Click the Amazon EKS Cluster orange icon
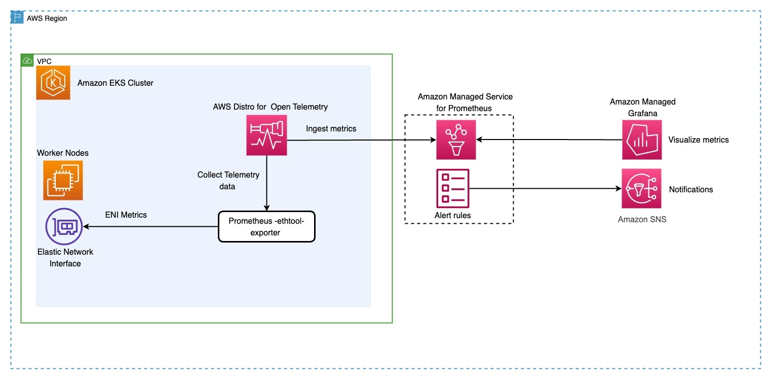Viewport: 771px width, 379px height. (53, 83)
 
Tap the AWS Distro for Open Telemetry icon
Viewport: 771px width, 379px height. (266, 135)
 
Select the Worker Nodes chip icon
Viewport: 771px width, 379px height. (63, 180)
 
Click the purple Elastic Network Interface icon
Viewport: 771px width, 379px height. (64, 227)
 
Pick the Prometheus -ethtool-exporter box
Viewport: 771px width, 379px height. (266, 227)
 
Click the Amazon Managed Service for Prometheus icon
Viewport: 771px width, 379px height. (456, 140)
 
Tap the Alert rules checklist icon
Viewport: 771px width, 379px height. (452, 188)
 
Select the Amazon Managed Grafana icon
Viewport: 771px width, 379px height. (642, 140)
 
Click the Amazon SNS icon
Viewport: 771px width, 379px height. (642, 189)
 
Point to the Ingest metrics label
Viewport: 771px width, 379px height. (331, 129)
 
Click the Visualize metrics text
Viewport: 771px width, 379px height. (698, 140)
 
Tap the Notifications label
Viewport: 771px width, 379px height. (690, 189)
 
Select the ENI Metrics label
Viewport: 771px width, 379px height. (126, 215)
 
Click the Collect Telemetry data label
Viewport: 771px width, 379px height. (228, 181)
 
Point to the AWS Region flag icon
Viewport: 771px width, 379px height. (17, 18)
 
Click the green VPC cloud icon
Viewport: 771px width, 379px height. (28, 60)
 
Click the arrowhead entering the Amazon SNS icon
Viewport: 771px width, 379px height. (618, 189)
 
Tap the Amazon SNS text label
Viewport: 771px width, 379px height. (642, 219)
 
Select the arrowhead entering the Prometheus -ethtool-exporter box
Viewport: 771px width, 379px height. (266, 208)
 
